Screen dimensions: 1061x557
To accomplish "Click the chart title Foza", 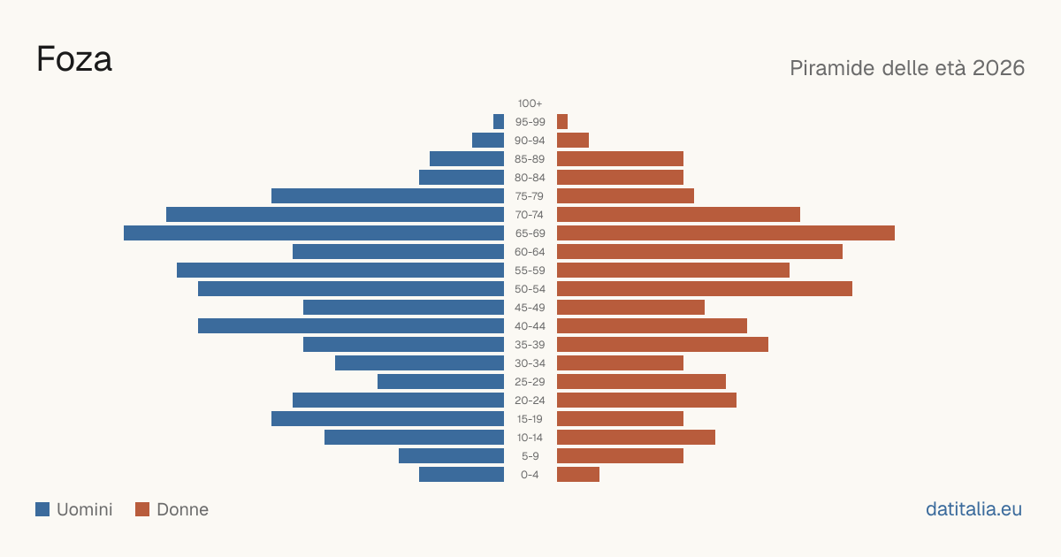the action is [x=74, y=59].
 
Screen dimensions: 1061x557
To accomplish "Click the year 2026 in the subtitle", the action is [x=998, y=68].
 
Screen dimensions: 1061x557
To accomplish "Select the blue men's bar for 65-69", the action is [x=314, y=233].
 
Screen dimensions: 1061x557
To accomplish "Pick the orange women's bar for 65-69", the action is [x=726, y=233].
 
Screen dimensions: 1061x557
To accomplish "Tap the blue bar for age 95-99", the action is [x=499, y=122].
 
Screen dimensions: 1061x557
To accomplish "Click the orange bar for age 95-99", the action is [x=562, y=122].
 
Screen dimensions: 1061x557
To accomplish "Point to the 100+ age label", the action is [x=530, y=103].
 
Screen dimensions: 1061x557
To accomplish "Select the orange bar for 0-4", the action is [x=578, y=475].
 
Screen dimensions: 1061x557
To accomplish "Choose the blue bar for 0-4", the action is [x=462, y=475].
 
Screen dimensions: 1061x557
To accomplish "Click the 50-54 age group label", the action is [x=530, y=289].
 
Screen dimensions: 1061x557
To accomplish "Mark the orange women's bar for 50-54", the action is [x=705, y=289].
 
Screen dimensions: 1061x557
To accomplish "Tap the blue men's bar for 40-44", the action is [x=351, y=326].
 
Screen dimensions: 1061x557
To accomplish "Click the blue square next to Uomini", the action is [x=42, y=509].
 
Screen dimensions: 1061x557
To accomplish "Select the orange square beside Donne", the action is [x=142, y=509].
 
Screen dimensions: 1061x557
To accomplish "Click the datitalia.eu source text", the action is [x=973, y=509].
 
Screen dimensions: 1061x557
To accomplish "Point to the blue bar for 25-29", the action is [x=440, y=382].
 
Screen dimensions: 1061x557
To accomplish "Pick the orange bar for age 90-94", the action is [x=573, y=141].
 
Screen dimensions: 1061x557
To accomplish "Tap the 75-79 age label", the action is [x=530, y=196].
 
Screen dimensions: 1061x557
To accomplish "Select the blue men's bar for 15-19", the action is [x=387, y=419].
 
